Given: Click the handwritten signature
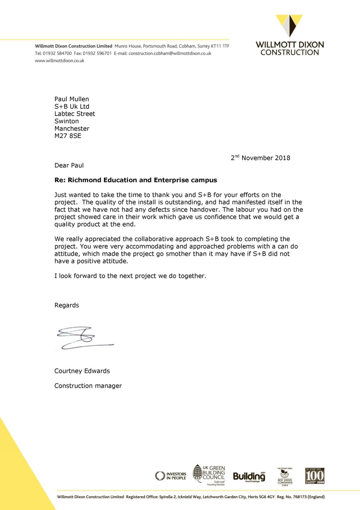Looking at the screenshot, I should [84, 338].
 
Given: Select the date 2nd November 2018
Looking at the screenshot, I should [261, 158].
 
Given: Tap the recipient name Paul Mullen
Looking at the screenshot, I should [71, 99].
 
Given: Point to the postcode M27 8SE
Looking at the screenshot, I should [68, 136].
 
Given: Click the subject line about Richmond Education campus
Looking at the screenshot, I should [136, 180].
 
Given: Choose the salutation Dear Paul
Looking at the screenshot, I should [69, 165].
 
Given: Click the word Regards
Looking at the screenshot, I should [67, 305].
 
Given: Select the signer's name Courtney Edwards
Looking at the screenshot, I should [82, 371].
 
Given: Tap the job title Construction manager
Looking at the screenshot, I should [88, 386].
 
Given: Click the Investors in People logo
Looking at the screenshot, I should [171, 476].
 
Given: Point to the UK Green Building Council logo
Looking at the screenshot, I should [209, 475].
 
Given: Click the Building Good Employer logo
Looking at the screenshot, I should [249, 477].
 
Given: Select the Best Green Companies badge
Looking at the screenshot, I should [285, 477].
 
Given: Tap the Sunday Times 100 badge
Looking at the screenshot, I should [315, 476].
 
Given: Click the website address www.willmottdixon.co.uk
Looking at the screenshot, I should [60, 61].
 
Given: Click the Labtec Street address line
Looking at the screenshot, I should [75, 114].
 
